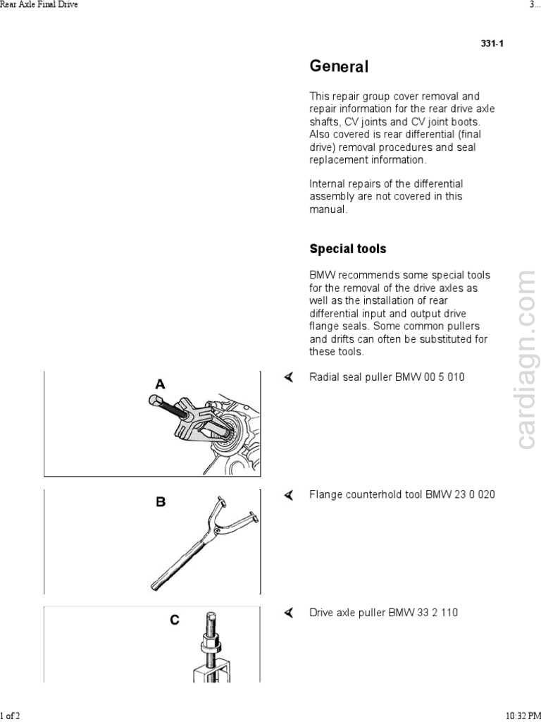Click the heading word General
coord(339,67)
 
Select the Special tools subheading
coord(348,249)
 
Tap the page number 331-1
coord(492,44)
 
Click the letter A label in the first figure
coord(161,384)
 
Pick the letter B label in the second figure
coord(161,502)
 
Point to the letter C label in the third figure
coord(174,620)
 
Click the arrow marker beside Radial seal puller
coord(288,377)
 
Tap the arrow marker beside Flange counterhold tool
coord(288,495)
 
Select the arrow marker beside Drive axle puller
coord(288,613)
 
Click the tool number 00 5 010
coord(444,377)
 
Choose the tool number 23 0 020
coord(474,495)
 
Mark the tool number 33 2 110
coord(437,613)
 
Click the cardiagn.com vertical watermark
coord(526,360)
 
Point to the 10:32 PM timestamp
coord(523,716)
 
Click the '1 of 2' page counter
coord(10,716)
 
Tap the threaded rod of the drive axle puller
coord(211,628)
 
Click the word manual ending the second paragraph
coord(328,209)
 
